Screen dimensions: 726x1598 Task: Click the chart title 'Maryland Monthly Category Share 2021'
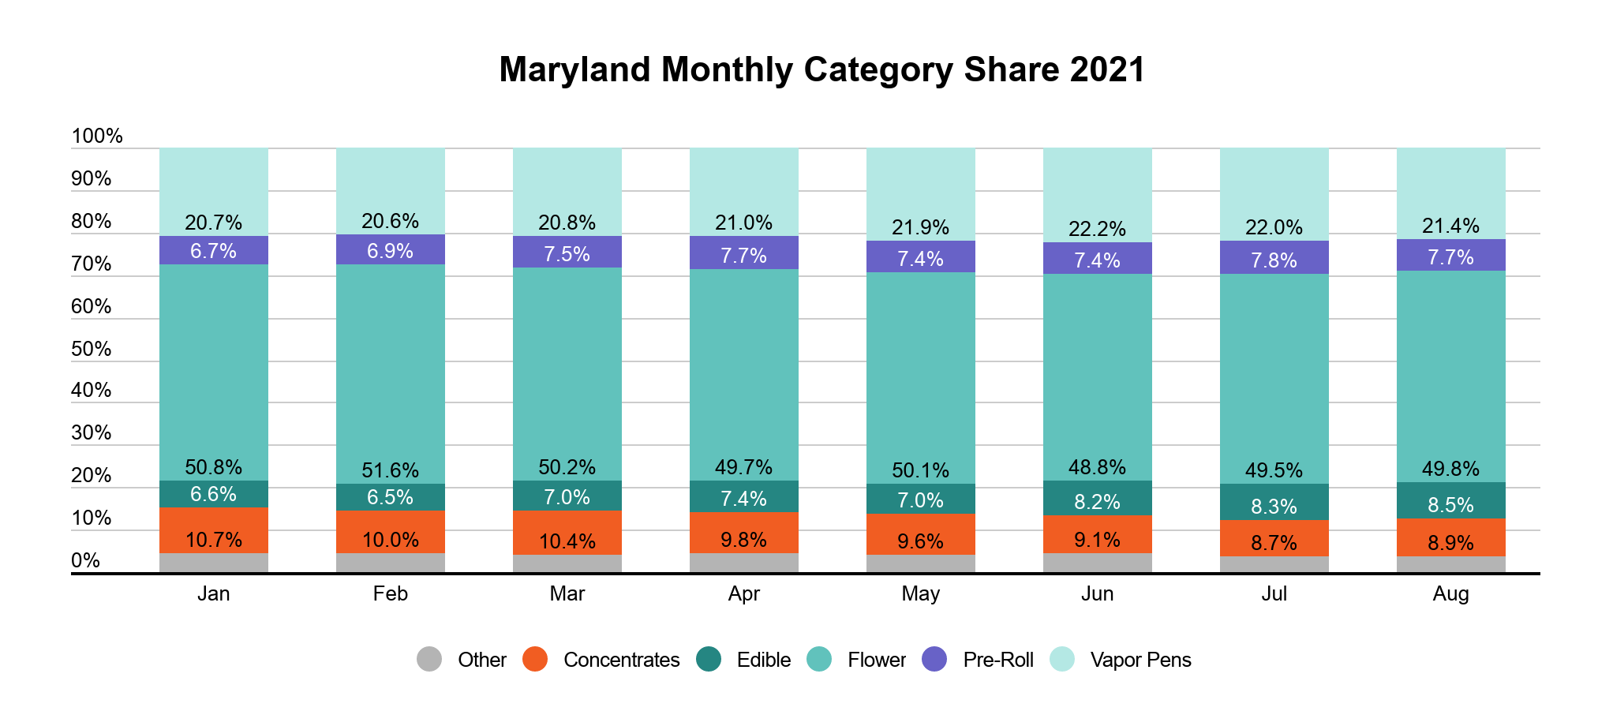point(821,69)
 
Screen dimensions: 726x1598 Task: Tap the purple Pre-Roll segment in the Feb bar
point(390,249)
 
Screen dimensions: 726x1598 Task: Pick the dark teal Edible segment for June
point(1097,498)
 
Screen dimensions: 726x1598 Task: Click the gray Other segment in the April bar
point(743,563)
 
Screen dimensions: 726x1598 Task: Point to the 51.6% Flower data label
point(390,470)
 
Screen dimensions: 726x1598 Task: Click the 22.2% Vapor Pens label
point(1097,229)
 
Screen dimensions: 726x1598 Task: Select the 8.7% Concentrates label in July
point(1274,543)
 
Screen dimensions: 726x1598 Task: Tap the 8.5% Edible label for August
point(1450,505)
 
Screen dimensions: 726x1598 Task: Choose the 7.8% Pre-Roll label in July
point(1274,260)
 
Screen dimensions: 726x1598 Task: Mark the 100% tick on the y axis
point(97,136)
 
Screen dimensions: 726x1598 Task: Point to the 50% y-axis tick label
point(92,349)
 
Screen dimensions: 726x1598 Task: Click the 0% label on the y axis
point(86,560)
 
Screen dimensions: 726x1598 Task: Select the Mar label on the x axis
point(567,594)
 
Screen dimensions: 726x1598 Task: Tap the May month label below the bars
point(920,594)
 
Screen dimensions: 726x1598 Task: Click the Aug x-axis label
point(1450,594)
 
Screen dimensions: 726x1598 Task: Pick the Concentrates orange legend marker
point(535,660)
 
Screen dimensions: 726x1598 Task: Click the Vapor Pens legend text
point(1140,660)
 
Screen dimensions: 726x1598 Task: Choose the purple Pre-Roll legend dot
point(934,660)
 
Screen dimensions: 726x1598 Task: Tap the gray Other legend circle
point(429,660)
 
